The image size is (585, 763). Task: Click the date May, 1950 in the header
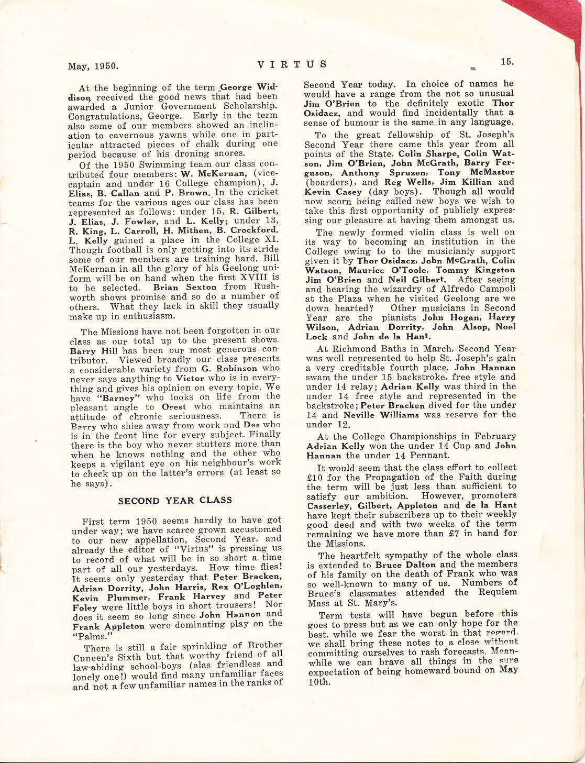94,66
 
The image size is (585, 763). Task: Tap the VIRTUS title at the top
292,64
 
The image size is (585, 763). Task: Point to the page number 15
507,61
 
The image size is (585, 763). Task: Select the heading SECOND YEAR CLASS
175,500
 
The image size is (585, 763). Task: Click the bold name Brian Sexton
185,287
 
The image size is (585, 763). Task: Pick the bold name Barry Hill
92,350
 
